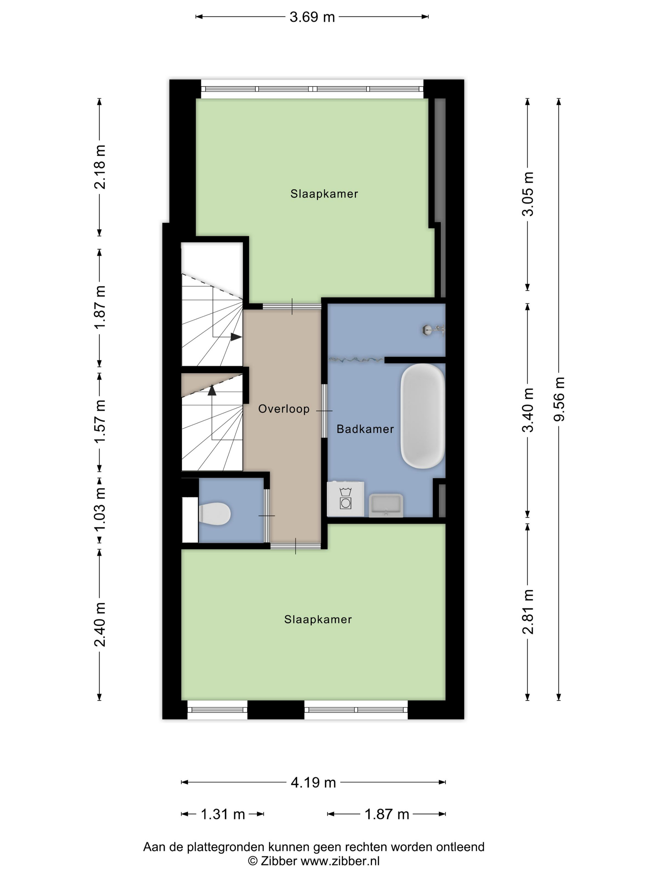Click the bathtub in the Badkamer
click(422, 416)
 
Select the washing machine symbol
click(346, 499)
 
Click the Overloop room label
click(284, 409)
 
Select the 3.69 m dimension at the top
click(312, 17)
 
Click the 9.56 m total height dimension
click(559, 399)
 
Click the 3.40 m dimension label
click(528, 410)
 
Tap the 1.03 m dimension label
click(100, 510)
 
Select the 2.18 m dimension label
click(100, 167)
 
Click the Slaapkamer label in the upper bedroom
click(324, 194)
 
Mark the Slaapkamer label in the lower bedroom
click(318, 619)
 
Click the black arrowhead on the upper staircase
click(236, 337)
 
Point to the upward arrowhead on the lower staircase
click(212, 390)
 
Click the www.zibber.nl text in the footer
click(340, 860)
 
